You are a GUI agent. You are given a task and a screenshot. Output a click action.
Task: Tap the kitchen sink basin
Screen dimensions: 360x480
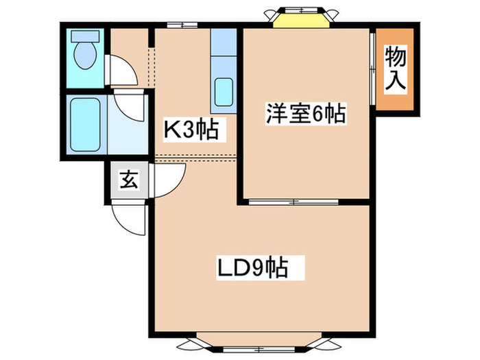[x=224, y=91]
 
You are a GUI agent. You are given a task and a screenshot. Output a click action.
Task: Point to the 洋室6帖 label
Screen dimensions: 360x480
[x=304, y=114]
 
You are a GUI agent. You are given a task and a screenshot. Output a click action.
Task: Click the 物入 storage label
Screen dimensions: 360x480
[x=396, y=69]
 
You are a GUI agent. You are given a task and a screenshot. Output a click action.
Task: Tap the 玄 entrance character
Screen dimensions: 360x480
[x=128, y=181]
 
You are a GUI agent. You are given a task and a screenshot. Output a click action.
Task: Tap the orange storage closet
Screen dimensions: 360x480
[x=396, y=69]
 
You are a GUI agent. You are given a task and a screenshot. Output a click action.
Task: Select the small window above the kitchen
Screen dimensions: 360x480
[x=182, y=25]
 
